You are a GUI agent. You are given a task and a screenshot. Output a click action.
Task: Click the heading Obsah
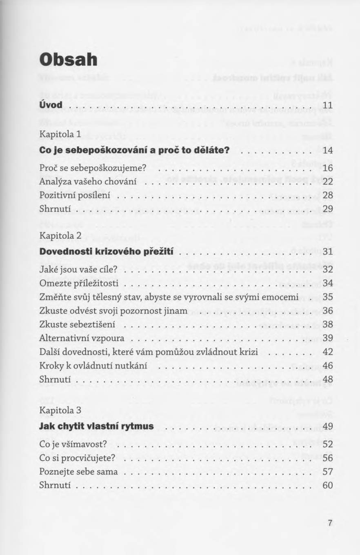pos(68,60)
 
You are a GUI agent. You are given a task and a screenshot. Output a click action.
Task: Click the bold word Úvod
pos(51,105)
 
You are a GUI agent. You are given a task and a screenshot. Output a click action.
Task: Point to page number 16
pos(328,168)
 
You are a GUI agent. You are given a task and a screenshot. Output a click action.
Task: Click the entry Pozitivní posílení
pos(76,195)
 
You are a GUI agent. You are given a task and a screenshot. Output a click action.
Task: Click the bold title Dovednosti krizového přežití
pos(107,251)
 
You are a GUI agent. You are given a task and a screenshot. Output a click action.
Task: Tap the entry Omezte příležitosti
pos(79,283)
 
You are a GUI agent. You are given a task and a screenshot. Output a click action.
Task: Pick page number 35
pos(328,297)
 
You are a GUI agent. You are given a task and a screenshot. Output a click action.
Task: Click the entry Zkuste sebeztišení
pos(77,324)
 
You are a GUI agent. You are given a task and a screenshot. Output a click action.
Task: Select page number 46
pos(328,366)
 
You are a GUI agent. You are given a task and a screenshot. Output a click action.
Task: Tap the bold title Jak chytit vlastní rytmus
pos(96,426)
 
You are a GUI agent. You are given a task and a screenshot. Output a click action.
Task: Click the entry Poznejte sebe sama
pos(78,472)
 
